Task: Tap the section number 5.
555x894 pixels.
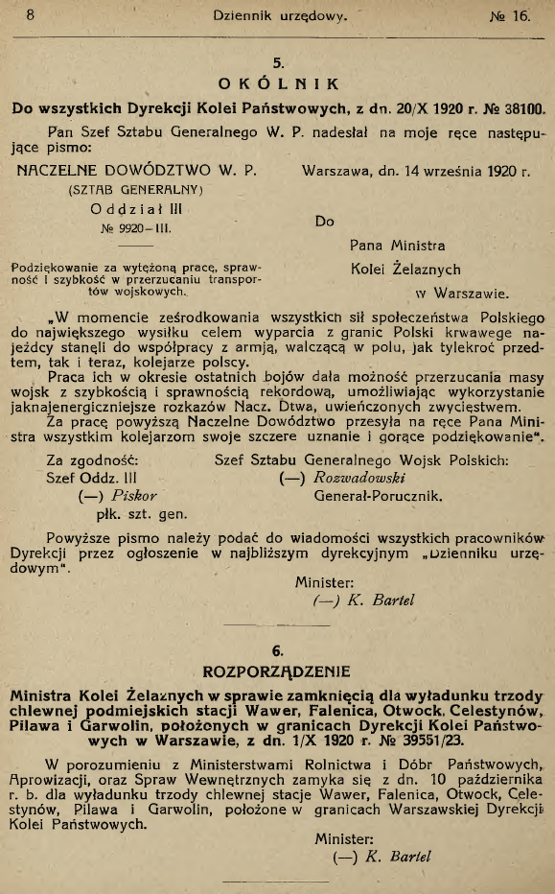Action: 278,63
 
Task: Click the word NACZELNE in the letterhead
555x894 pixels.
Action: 61,172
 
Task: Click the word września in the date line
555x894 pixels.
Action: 449,173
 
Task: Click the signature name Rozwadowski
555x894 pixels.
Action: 362,477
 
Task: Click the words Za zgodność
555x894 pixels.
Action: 93,459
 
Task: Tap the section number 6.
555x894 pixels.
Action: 278,647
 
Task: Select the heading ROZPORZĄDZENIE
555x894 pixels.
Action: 278,669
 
